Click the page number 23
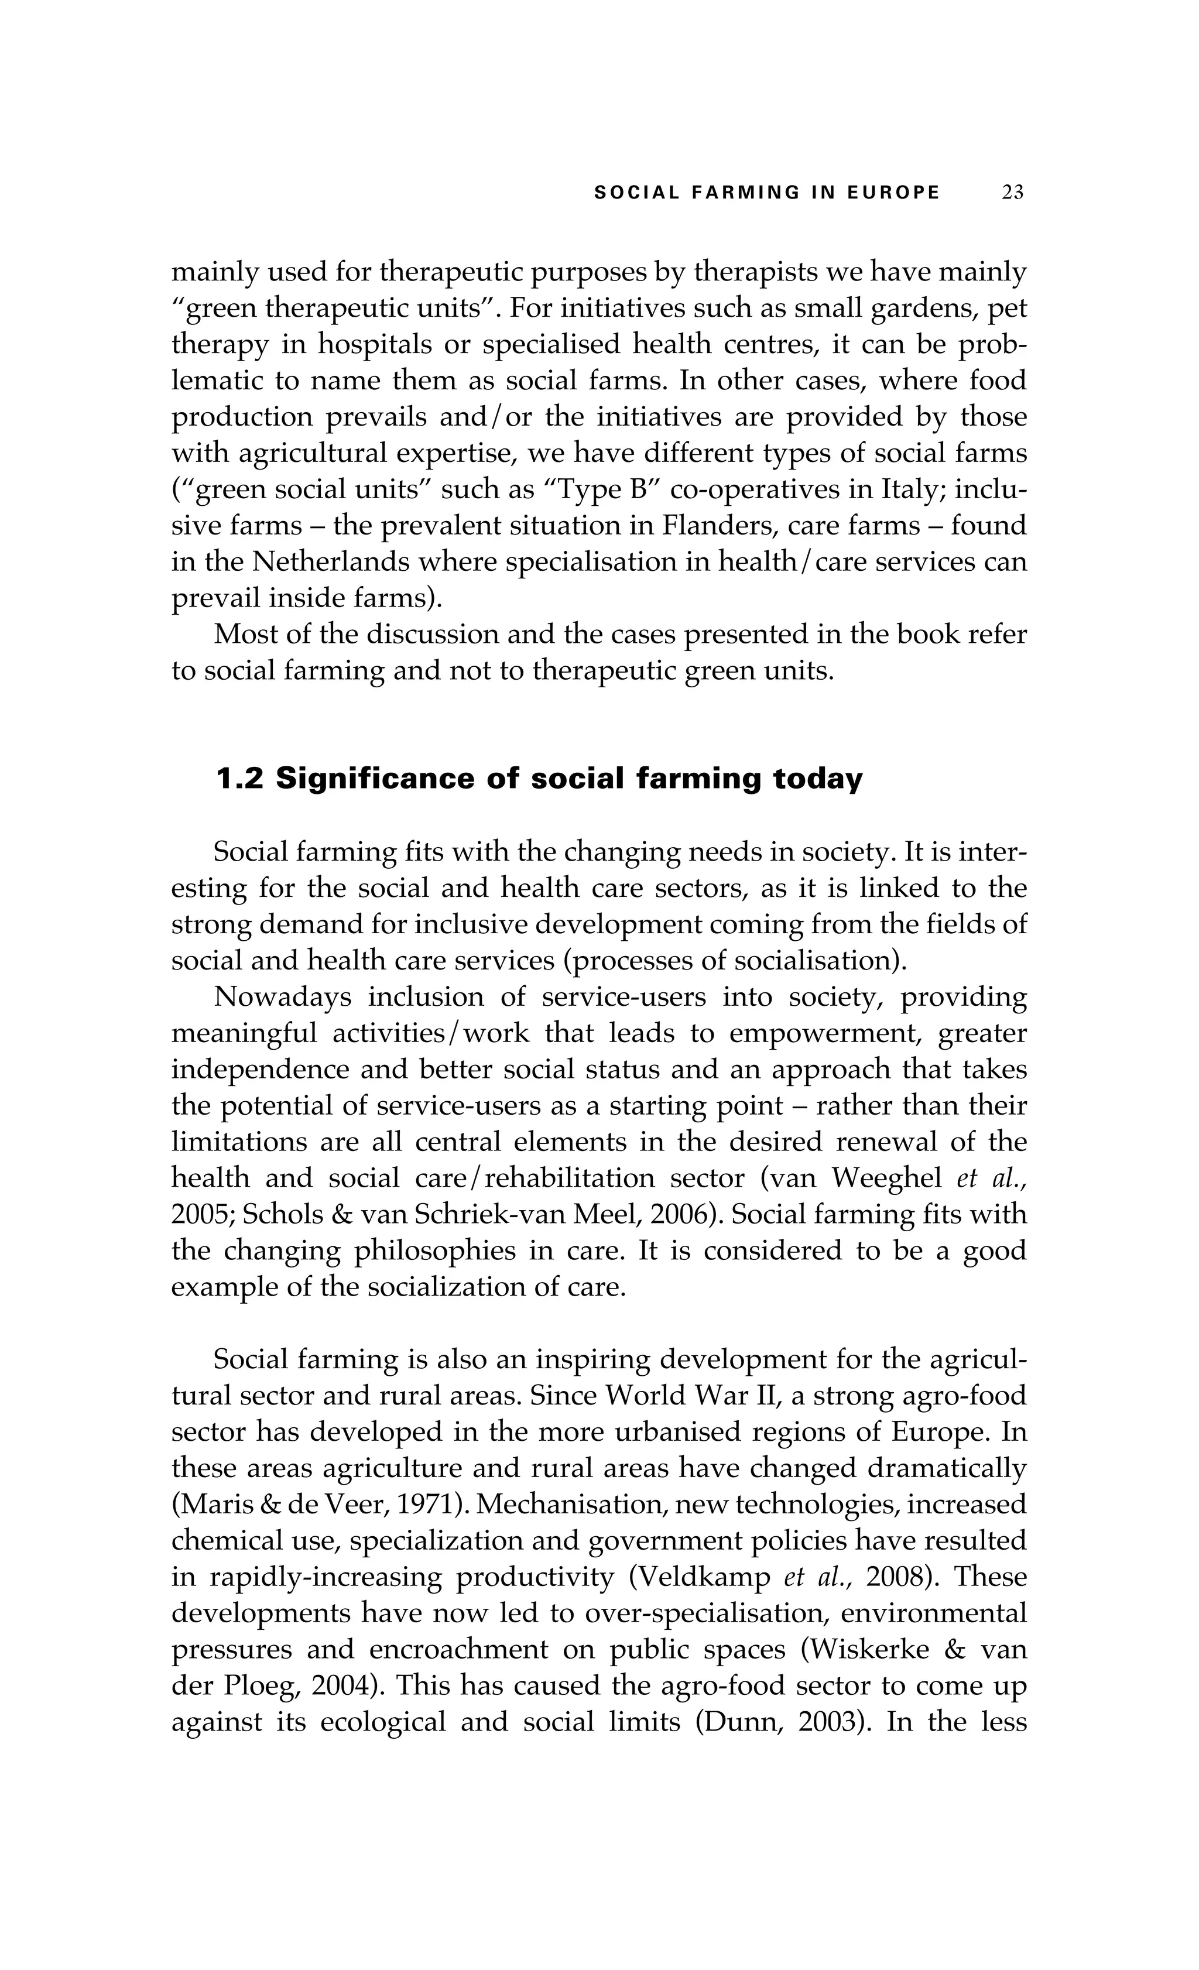pyautogui.click(x=1012, y=193)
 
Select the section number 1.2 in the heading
pyautogui.click(x=240, y=779)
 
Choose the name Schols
pyautogui.click(x=276, y=1214)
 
